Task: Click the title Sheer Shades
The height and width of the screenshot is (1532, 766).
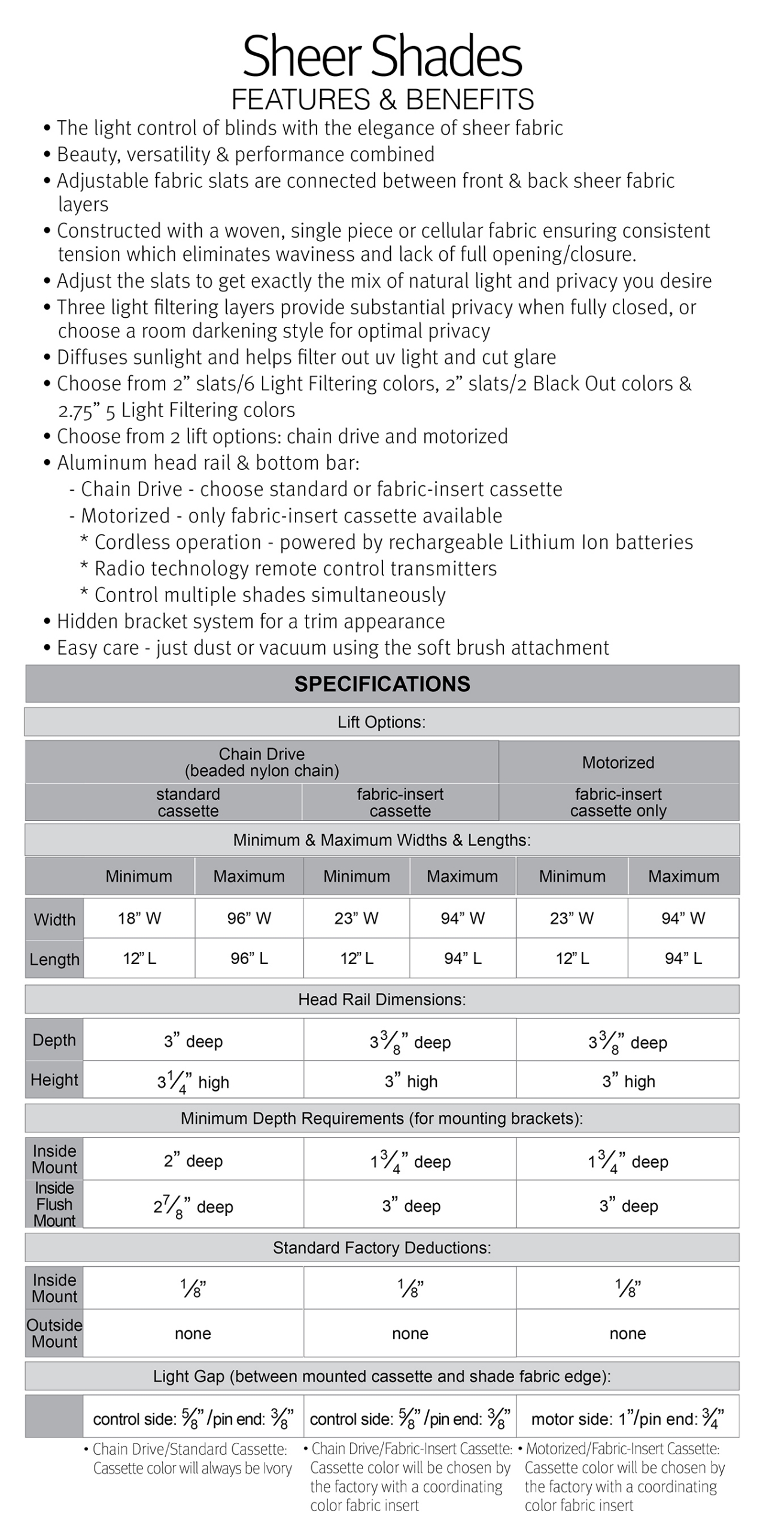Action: (x=382, y=57)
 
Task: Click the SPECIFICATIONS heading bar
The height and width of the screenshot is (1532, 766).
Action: (x=382, y=683)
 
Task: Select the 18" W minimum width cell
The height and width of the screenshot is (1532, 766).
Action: (x=139, y=918)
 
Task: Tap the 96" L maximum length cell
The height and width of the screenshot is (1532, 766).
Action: (x=249, y=958)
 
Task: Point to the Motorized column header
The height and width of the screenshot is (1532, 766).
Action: (x=618, y=762)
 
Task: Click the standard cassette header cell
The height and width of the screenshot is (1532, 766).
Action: (x=188, y=802)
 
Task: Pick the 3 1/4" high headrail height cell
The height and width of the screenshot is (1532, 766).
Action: (x=193, y=1081)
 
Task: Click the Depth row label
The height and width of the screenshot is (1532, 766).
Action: (x=54, y=1040)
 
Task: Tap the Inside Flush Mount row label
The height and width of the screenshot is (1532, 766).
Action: (x=54, y=1204)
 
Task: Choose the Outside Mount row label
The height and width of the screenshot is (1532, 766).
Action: (x=54, y=1333)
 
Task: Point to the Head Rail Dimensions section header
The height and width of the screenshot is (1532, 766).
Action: (x=382, y=999)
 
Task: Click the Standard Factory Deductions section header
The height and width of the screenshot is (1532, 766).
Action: (x=382, y=1248)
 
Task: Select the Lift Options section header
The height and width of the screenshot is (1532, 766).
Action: (x=382, y=722)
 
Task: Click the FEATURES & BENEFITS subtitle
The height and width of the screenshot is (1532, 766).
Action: (x=382, y=99)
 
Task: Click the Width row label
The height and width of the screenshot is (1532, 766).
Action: (x=54, y=919)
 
